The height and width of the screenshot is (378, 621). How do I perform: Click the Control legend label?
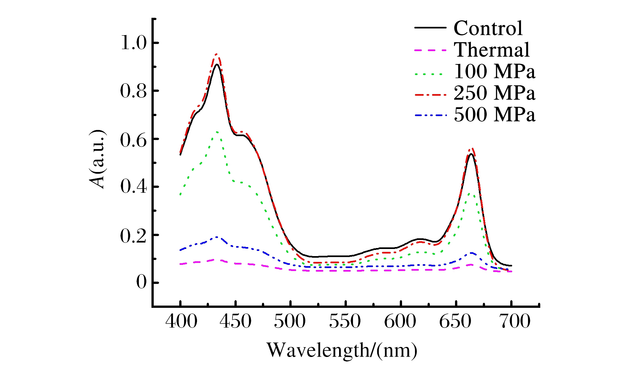488,28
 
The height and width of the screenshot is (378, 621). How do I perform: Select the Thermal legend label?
492,50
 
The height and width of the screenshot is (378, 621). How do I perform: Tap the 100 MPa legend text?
494,71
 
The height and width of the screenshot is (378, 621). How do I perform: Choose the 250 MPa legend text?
494,93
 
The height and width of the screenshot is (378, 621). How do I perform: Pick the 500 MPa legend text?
494,115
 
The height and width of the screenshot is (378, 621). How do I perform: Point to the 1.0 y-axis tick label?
134,43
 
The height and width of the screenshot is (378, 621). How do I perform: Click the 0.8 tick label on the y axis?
134,91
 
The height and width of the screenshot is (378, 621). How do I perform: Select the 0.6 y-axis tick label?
134,139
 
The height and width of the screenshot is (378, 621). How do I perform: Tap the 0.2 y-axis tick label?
134,236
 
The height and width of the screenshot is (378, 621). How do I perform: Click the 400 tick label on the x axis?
181,322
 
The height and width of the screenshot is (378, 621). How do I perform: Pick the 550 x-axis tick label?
345,322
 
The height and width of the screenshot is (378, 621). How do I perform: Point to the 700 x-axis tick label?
515,322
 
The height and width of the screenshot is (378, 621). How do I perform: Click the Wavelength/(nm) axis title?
342,350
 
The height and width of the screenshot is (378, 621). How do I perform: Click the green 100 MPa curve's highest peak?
217,132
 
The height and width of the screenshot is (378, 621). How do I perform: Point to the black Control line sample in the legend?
430,28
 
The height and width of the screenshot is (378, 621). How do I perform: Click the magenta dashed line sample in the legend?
430,50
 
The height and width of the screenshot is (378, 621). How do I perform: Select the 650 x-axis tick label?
455,322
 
